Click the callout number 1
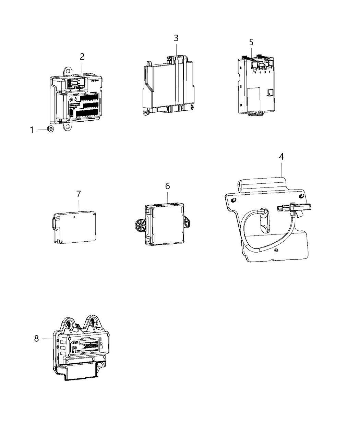(32, 130)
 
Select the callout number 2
(82, 57)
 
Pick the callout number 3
(176, 38)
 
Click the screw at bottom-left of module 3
(146, 112)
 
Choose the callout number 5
(251, 43)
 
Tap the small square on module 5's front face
(270, 92)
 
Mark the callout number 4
(281, 157)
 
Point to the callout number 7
(79, 194)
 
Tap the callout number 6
(167, 186)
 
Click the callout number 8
(37, 339)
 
